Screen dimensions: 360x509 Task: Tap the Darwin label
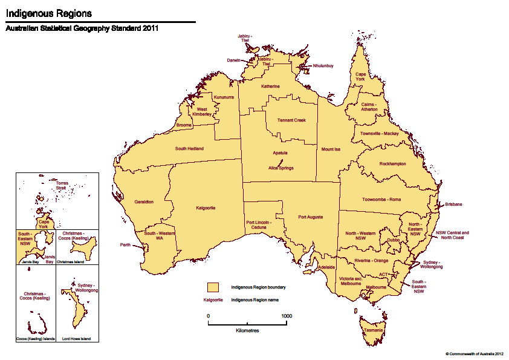tap(233, 61)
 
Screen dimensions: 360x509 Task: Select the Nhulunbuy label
tap(323, 65)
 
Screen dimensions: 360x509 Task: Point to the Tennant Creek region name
tap(291, 120)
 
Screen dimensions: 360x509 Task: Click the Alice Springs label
tap(280, 168)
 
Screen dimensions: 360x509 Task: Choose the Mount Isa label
tap(331, 149)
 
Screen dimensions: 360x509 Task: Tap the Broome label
tap(184, 125)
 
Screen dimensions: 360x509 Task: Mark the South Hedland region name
tap(189, 149)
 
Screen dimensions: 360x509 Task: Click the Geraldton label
tap(144, 201)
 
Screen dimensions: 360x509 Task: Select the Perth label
tap(126, 245)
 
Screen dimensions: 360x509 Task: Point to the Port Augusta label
tap(310, 217)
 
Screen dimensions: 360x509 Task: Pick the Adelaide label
tap(326, 266)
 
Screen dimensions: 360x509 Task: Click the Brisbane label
tap(453, 205)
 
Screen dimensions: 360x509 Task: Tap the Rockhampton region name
tap(392, 164)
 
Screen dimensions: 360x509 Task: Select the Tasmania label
tap(373, 330)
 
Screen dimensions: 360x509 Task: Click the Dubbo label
tap(393, 240)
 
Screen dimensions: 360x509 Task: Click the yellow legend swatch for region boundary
tap(213, 287)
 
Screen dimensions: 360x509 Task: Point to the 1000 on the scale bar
tap(286, 316)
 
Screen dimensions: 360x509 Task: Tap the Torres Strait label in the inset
tap(61, 185)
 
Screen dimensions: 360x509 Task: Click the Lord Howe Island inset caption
tap(76, 339)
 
